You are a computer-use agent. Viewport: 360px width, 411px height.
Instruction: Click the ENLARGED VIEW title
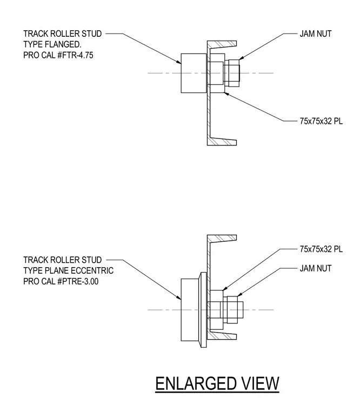click(x=217, y=383)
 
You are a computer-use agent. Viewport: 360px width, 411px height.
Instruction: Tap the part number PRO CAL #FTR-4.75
click(x=58, y=55)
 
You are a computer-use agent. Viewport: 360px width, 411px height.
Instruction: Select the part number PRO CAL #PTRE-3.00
click(x=61, y=282)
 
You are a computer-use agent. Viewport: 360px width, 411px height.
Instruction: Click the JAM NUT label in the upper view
click(x=316, y=34)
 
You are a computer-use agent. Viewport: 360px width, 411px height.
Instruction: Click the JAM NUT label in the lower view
click(x=316, y=268)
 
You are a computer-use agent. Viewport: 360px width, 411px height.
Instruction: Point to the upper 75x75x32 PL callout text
click(x=321, y=121)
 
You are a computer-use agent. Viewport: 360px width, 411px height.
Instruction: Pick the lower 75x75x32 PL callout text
click(x=321, y=249)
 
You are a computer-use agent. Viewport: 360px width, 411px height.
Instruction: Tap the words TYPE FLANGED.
click(x=52, y=44)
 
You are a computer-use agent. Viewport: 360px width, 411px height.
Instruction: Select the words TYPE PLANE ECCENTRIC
click(x=69, y=270)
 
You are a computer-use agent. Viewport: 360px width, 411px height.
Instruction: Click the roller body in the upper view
click(x=194, y=73)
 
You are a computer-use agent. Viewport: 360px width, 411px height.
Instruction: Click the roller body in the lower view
click(x=190, y=310)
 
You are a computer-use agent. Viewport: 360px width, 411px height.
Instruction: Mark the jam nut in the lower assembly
click(x=232, y=310)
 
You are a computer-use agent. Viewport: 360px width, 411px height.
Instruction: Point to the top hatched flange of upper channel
click(x=222, y=44)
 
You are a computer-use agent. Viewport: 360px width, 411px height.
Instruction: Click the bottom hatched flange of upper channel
click(x=222, y=142)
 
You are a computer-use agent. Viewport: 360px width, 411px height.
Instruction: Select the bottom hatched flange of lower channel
click(x=222, y=336)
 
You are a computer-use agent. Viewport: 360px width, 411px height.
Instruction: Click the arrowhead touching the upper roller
click(x=178, y=62)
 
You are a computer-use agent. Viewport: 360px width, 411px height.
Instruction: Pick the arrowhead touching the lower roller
click(x=178, y=297)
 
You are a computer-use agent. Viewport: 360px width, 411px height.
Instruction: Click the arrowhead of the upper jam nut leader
click(x=242, y=58)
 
